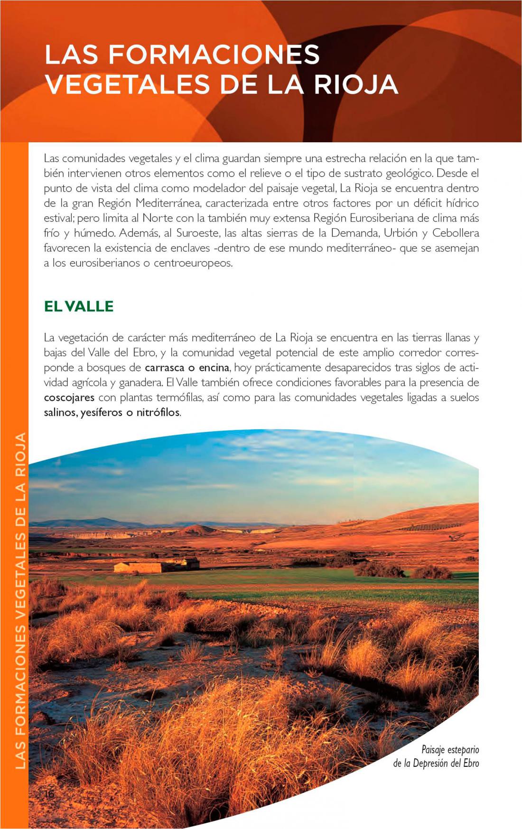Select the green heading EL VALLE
(x=79, y=306)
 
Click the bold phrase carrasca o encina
(x=187, y=368)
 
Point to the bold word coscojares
(x=69, y=397)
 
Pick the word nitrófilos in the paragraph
(x=158, y=413)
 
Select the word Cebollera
(x=456, y=233)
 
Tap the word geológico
(x=409, y=174)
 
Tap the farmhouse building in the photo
(x=157, y=566)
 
